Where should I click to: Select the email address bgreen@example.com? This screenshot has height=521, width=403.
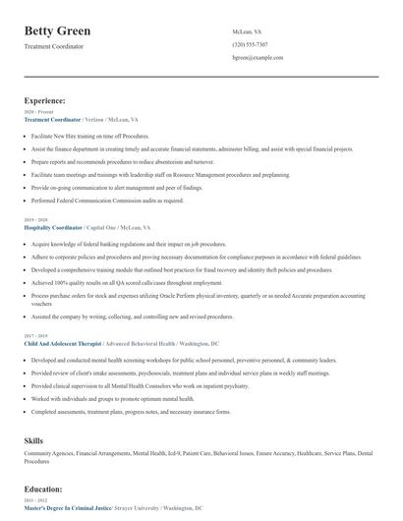258,59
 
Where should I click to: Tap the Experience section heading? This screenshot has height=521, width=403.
45,100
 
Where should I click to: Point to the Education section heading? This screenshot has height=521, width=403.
44,488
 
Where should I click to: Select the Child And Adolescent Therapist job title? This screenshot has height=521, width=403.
64,345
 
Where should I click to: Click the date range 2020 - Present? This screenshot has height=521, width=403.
34,112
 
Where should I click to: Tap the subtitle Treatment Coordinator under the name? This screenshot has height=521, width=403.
54,46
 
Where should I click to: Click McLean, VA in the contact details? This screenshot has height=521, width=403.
247,31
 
